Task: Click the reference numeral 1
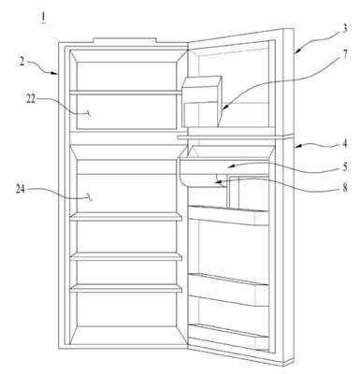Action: pyautogui.click(x=43, y=18)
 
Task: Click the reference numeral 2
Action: pyautogui.click(x=22, y=61)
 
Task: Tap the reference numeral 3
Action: pyautogui.click(x=344, y=29)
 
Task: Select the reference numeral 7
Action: pyautogui.click(x=344, y=55)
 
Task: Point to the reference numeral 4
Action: pyautogui.click(x=344, y=144)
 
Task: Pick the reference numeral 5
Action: pyautogui.click(x=344, y=167)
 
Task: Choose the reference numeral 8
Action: pyautogui.click(x=344, y=188)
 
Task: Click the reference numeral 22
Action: pyautogui.click(x=31, y=100)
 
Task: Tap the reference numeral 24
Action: pyautogui.click(x=21, y=190)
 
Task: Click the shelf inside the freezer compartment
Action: pyautogui.click(x=125, y=93)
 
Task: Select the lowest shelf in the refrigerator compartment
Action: pyautogui.click(x=126, y=288)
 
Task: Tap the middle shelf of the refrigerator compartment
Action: pyautogui.click(x=126, y=256)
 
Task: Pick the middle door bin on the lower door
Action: pyautogui.click(x=229, y=290)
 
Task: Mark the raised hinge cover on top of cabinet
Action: pyautogui.click(x=124, y=40)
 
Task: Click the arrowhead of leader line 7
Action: pyautogui.click(x=224, y=108)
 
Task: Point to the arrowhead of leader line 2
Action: pyautogui.click(x=54, y=73)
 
